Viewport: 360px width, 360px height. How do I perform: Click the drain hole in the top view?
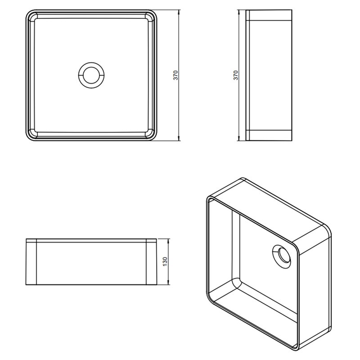point(91,75)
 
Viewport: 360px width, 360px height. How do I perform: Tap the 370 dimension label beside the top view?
point(175,75)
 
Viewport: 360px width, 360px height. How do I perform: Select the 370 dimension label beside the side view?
point(236,75)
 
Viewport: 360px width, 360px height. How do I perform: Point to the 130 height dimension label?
point(165,262)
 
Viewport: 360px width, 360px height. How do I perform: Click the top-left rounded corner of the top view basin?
point(28,13)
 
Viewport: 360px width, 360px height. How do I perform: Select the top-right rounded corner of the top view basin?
point(154,13)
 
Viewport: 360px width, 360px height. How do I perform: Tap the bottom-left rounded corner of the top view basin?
point(28,138)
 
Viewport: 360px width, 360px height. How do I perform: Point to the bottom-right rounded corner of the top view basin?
point(154,138)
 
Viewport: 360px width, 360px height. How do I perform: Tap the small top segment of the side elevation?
point(269,15)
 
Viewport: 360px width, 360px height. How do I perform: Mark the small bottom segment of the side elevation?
point(269,135)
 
